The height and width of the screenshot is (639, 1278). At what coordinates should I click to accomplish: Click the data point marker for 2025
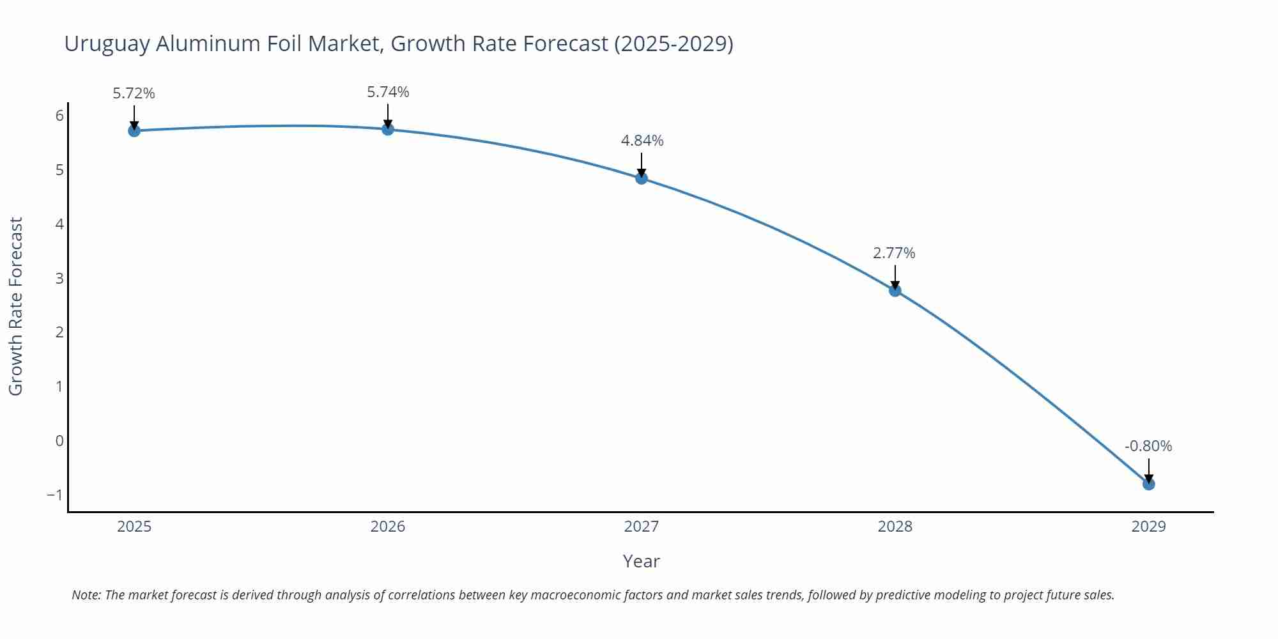pyautogui.click(x=134, y=131)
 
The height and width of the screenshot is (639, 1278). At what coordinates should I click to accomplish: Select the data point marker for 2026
pyautogui.click(x=388, y=130)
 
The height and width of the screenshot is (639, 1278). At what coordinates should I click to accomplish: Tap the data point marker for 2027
pyautogui.click(x=642, y=178)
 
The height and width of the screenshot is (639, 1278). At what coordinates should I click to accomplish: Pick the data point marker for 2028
pyautogui.click(x=895, y=291)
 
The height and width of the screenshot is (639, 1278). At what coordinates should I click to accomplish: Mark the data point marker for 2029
pyautogui.click(x=1149, y=484)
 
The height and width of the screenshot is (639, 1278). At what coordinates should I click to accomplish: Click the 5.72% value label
pyautogui.click(x=134, y=93)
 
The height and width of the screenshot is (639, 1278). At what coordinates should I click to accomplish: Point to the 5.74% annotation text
pyautogui.click(x=388, y=92)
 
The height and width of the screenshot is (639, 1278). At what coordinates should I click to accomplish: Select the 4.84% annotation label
pyautogui.click(x=642, y=141)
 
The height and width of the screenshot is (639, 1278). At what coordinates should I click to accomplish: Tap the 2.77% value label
pyautogui.click(x=894, y=253)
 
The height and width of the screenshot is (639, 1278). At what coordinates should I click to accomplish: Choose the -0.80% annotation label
pyautogui.click(x=1148, y=446)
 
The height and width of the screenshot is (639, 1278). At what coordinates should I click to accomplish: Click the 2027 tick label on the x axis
pyautogui.click(x=642, y=527)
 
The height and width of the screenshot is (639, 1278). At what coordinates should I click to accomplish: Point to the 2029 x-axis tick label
pyautogui.click(x=1149, y=527)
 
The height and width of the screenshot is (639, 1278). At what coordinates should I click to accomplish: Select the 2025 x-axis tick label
pyautogui.click(x=134, y=527)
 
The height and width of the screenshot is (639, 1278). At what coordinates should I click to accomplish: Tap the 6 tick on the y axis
pyautogui.click(x=59, y=116)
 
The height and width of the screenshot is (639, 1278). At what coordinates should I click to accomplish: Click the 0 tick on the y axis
pyautogui.click(x=59, y=441)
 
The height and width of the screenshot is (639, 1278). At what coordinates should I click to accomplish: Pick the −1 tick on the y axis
pyautogui.click(x=54, y=495)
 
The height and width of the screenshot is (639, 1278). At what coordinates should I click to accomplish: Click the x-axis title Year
pyautogui.click(x=641, y=561)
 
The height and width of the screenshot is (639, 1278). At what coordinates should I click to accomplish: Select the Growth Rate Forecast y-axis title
pyautogui.click(x=16, y=306)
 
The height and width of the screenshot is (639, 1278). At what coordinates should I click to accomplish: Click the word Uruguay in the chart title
pyautogui.click(x=107, y=43)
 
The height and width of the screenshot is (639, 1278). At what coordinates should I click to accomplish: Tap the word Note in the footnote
pyautogui.click(x=86, y=595)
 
